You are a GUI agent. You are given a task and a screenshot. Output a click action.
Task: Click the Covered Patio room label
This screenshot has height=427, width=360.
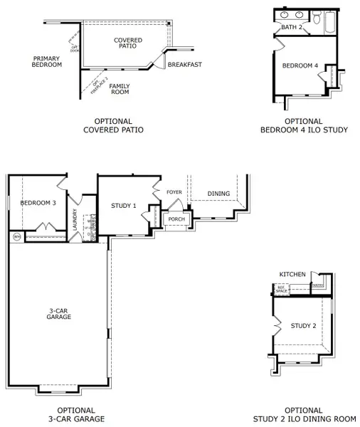coord(127,44)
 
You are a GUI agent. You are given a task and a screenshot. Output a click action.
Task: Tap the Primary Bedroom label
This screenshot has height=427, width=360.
coord(48,61)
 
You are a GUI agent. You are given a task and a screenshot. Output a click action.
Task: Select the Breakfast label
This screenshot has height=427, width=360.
coord(184,65)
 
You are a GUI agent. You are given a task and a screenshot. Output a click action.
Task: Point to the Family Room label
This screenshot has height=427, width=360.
coord(119,88)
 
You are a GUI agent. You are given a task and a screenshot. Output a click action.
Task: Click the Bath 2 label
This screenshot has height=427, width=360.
coord(292,27)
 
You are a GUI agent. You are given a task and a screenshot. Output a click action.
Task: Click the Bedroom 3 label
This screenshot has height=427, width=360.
coord(38,203)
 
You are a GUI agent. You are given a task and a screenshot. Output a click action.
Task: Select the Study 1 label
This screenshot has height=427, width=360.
coord(124,206)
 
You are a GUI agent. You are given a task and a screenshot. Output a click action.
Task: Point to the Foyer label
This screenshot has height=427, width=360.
coord(174,192)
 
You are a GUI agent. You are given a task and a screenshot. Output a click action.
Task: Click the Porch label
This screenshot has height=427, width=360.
coord(176,218)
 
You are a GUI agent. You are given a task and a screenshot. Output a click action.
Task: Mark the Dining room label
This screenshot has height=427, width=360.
coord(218,194)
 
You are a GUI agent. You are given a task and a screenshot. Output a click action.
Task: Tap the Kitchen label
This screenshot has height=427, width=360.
coord(292,274)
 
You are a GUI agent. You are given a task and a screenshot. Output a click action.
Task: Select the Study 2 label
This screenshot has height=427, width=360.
coord(304,326)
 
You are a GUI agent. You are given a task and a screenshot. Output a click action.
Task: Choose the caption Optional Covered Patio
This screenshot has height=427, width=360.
coord(113,125)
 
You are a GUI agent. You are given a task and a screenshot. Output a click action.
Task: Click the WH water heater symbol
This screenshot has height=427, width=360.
coord(16,236)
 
